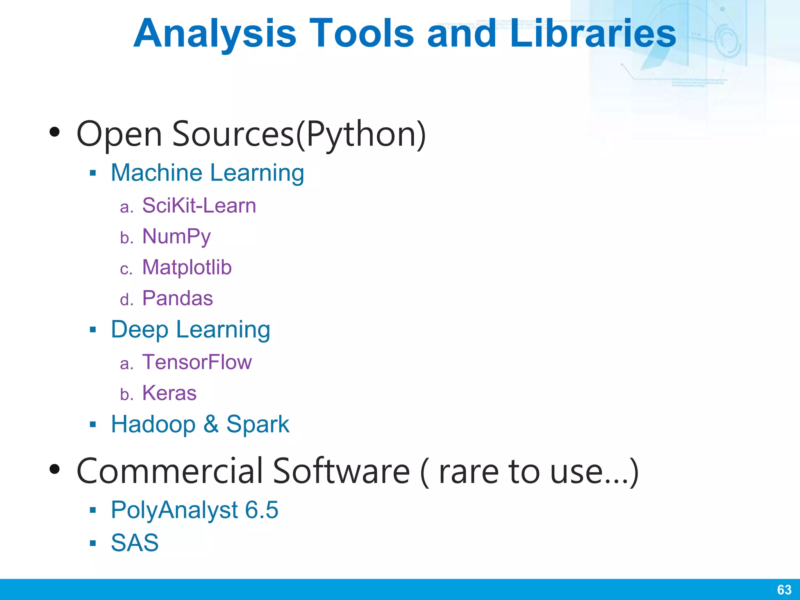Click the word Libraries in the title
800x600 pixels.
click(593, 34)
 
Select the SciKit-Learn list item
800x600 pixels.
click(199, 205)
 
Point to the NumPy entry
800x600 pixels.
click(176, 237)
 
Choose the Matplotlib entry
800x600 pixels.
click(187, 268)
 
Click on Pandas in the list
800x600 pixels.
click(177, 298)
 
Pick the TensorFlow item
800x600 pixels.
click(197, 362)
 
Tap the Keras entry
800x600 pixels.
click(169, 393)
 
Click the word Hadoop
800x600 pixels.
click(153, 424)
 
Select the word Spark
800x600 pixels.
click(258, 424)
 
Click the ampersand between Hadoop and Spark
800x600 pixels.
click(211, 424)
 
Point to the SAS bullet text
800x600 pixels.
click(135, 543)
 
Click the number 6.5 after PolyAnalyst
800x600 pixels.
click(261, 510)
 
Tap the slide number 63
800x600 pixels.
click(784, 589)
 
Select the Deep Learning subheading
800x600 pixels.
click(190, 330)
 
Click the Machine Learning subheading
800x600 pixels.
click(207, 173)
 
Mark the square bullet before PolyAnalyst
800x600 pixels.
click(93, 510)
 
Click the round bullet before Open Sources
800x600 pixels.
click(55, 132)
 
